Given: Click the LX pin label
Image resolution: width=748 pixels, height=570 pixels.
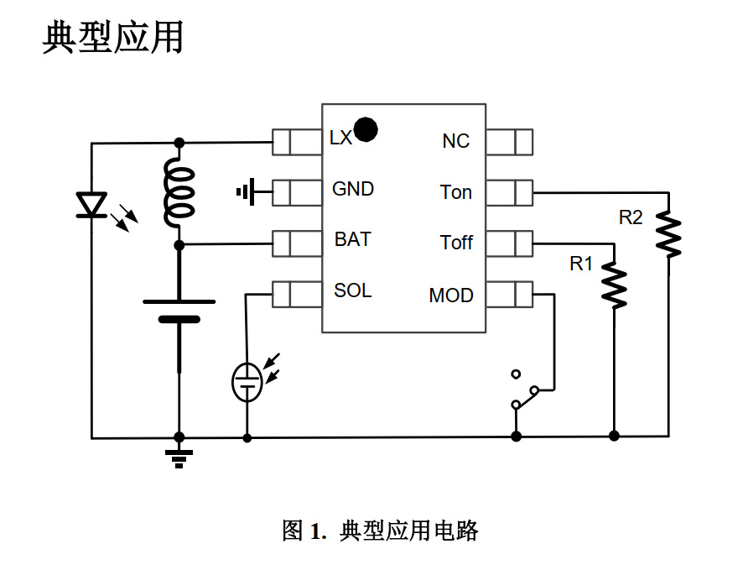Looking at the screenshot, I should [341, 139].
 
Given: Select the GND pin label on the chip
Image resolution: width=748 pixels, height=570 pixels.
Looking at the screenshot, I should [353, 189].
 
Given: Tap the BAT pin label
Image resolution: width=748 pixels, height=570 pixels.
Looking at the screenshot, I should [352, 239].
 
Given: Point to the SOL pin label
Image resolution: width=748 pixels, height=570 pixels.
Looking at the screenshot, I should [352, 290].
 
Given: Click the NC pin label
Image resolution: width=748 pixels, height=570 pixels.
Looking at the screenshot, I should [456, 141].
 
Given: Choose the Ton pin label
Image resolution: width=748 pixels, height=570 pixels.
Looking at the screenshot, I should [456, 192].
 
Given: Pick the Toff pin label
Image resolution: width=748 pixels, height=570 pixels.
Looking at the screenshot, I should [456, 243].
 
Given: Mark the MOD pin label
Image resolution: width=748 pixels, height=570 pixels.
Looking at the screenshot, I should [451, 295].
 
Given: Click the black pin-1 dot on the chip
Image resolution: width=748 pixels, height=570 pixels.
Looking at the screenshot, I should [366, 129].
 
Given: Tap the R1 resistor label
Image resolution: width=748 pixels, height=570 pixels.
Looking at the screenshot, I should [581, 264].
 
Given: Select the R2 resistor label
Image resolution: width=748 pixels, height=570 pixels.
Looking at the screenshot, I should [631, 217].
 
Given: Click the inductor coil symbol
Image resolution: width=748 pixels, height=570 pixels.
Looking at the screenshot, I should [179, 193].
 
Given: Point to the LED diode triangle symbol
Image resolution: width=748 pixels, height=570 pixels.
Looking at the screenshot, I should [91, 204].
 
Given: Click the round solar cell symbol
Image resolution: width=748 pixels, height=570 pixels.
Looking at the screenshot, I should [247, 383].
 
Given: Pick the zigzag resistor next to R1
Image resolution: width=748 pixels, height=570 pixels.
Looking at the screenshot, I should [615, 285].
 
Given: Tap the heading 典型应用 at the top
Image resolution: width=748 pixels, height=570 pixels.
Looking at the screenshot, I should [113, 38].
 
